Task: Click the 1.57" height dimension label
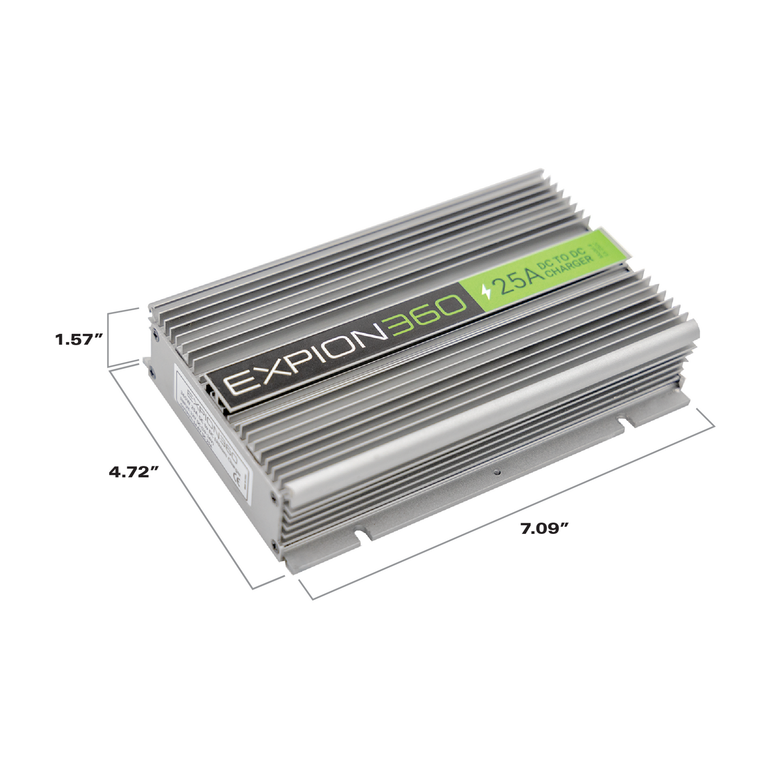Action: pyautogui.click(x=79, y=340)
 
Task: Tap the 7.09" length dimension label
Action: pyautogui.click(x=544, y=528)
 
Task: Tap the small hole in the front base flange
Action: pyautogui.click(x=497, y=472)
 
